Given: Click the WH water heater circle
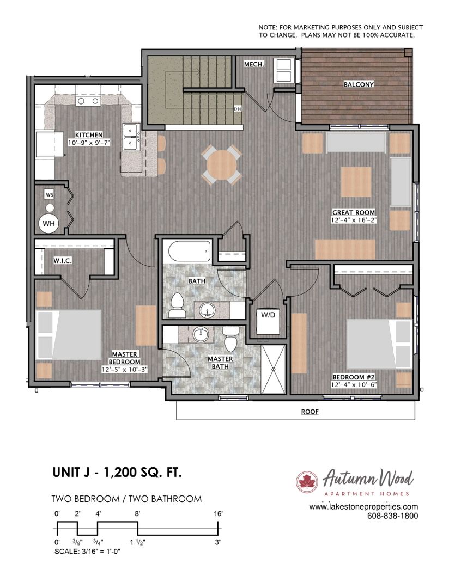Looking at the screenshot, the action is [x=48, y=224].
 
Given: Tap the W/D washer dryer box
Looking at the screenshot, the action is [x=268, y=321].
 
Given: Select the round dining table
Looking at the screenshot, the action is [x=221, y=164].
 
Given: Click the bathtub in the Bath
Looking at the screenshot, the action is [x=190, y=251].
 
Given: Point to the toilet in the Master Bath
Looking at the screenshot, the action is [x=230, y=338].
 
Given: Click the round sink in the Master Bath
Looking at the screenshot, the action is [x=201, y=335].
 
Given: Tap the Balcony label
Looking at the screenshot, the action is [x=359, y=84].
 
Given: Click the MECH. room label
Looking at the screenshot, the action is [x=254, y=64].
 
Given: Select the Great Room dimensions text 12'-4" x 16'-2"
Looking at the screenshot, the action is [x=354, y=220].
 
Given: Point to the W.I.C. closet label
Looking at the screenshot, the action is [x=62, y=260].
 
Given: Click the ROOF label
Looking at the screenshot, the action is [x=310, y=412].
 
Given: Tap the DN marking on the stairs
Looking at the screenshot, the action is [x=237, y=109].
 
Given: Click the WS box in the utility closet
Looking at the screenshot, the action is [x=49, y=194].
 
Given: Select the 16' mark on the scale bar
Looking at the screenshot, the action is [x=218, y=513].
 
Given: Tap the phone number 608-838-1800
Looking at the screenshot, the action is [x=392, y=516].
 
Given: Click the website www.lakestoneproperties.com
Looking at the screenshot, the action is [x=363, y=507].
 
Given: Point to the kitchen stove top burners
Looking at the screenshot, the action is [x=88, y=101].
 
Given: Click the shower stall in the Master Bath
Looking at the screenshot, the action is [x=274, y=369].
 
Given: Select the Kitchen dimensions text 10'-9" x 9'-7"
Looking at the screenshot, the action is [x=89, y=143].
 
